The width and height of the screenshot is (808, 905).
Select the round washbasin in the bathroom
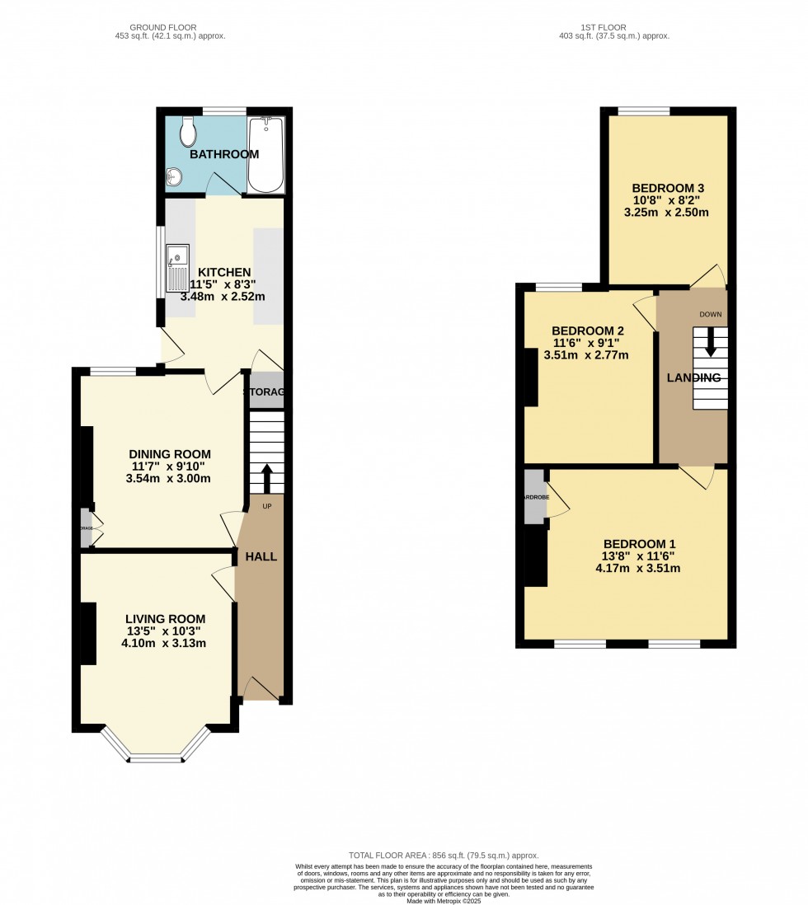pyautogui.click(x=173, y=176)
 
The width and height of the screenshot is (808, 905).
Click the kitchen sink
pyautogui.click(x=177, y=268)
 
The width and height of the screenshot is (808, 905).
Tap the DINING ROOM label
pyautogui.click(x=170, y=454)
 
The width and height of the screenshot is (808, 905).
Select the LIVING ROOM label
pyautogui.click(x=166, y=619)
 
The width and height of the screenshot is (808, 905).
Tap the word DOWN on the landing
pyautogui.click(x=710, y=315)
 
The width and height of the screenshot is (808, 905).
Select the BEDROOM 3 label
pyautogui.click(x=669, y=187)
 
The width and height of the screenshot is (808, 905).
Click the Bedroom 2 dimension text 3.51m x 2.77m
pyautogui.click(x=586, y=355)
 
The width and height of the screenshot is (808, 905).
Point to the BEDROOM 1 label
pyautogui.click(x=640, y=544)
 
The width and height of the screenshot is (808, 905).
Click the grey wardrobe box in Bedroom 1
pyautogui.click(x=534, y=497)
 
